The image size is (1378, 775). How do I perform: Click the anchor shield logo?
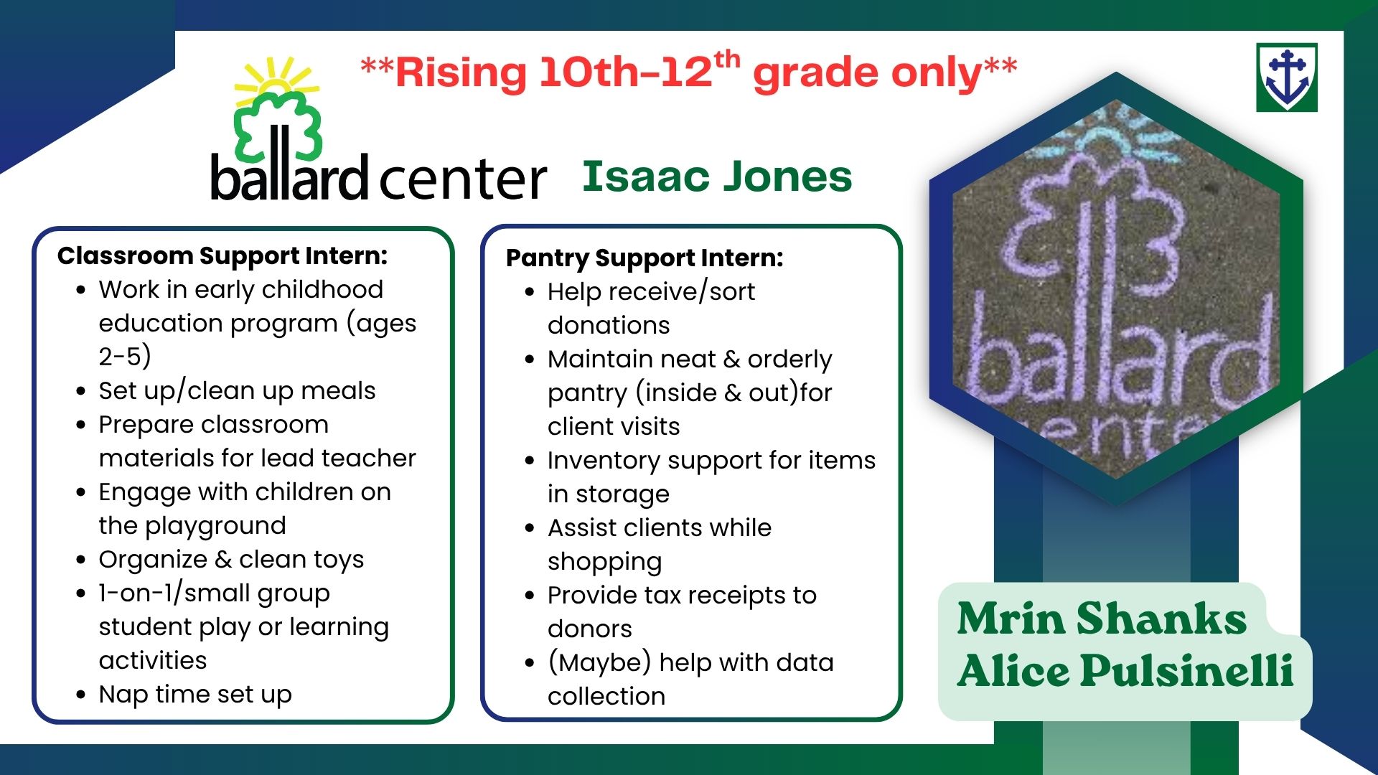1287,77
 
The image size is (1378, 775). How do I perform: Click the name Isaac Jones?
717,177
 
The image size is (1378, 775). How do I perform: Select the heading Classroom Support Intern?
222,256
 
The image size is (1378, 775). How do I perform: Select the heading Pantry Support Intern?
645,258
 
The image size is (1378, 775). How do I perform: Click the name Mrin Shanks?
1102,619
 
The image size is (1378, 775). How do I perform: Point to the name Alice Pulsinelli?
1125,671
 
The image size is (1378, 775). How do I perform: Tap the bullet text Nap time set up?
195,695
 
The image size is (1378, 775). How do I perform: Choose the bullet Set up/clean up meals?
237,391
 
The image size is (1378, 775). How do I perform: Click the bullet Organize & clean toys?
231,560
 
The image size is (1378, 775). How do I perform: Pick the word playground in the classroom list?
215,526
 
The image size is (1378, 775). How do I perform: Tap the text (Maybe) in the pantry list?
599,663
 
